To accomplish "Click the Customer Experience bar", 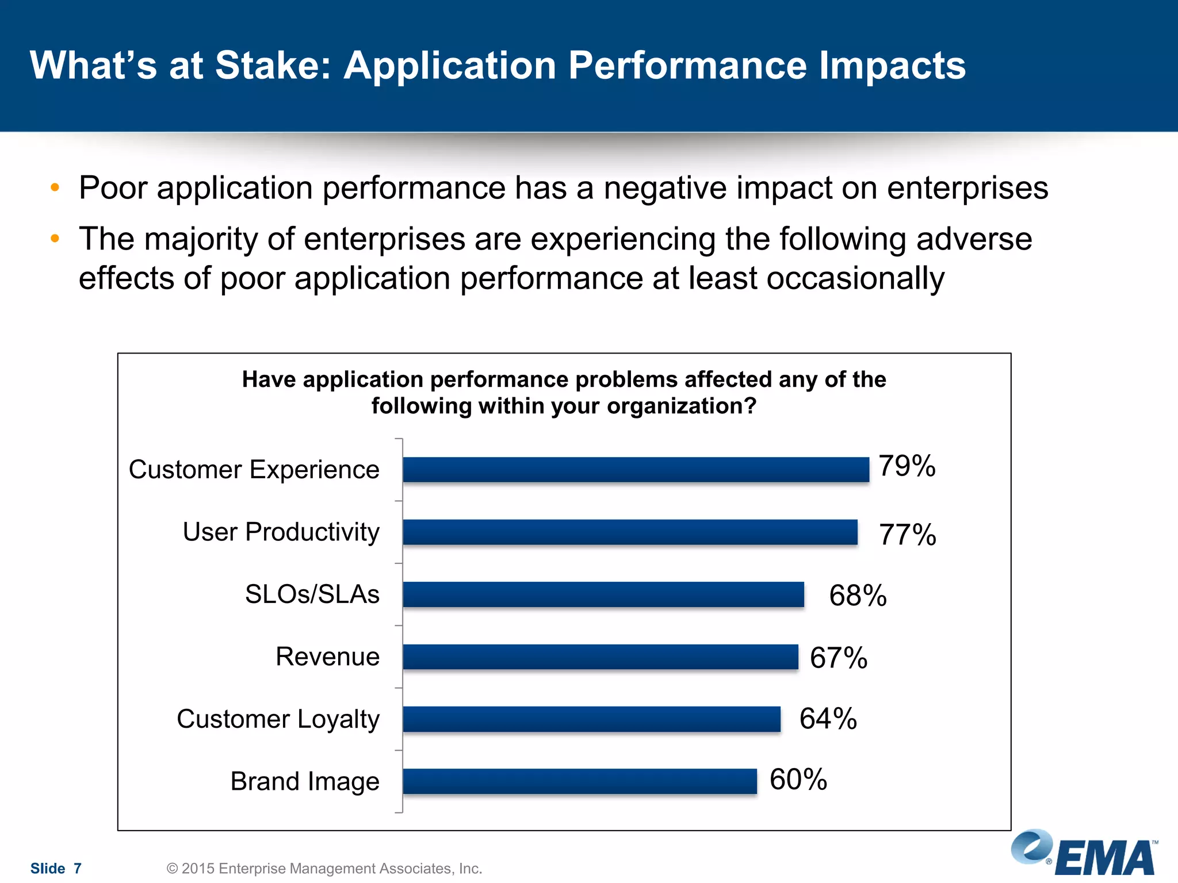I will coord(636,470).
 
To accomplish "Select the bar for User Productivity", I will coord(630,532).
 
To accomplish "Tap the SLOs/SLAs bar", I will coord(603,594).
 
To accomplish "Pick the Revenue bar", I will coord(601,657).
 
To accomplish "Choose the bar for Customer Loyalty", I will coord(591,719).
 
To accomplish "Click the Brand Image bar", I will coord(580,781).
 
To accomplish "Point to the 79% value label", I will coord(907,466).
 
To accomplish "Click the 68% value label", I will coord(858,596).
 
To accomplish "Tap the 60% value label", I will coord(798,780).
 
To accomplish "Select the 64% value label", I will coord(828,719).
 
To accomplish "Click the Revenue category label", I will coord(327,657).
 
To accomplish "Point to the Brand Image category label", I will coord(305,782).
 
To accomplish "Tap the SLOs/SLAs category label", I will coord(312,594).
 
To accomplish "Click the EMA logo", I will coord(1084,854).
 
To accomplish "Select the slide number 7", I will coord(78,869).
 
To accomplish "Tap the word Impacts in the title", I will coord(892,66).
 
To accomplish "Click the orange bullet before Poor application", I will coord(55,187).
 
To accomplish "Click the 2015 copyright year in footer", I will coord(198,869).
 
